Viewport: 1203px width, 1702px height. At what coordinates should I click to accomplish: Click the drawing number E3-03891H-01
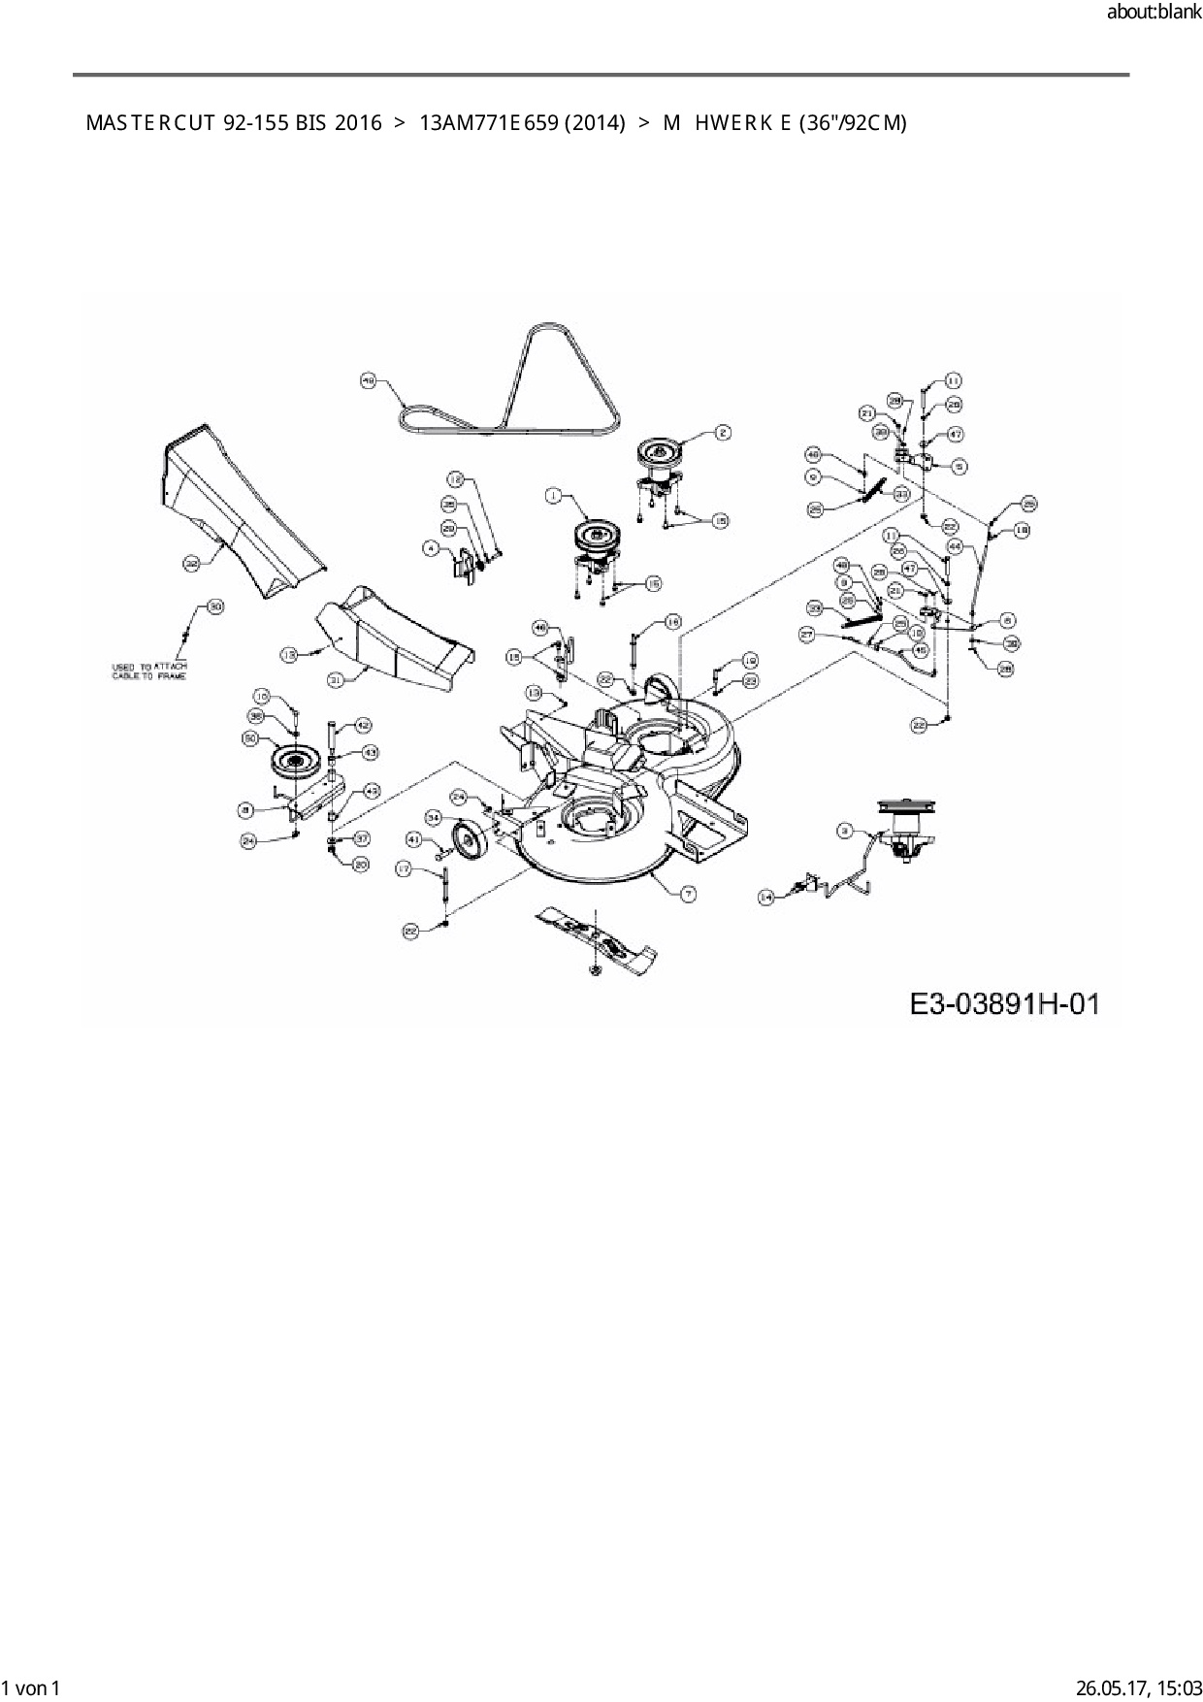tap(1005, 1003)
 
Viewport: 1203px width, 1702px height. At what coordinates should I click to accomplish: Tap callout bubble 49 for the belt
tap(368, 381)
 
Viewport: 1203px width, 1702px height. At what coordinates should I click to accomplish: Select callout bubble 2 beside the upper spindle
tap(723, 433)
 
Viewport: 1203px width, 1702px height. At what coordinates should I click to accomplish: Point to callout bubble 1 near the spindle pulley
tap(553, 496)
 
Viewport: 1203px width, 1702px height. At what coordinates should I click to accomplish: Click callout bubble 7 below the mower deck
tap(688, 894)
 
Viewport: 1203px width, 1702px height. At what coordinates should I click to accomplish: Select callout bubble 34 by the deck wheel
tap(433, 816)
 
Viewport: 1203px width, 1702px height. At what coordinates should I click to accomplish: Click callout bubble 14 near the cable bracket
tap(765, 899)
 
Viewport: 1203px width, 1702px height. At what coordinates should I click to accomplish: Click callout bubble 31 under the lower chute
tap(336, 680)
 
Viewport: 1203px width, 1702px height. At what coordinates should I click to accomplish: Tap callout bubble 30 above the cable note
tap(215, 607)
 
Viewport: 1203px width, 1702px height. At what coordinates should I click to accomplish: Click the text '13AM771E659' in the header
tap(483, 123)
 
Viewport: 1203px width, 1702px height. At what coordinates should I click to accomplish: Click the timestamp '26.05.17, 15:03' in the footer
tap(1138, 1688)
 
